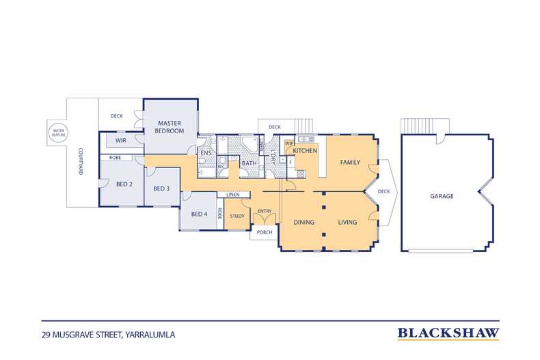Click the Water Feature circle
[x=59, y=133]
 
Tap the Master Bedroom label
[x=170, y=127]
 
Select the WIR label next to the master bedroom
[x=120, y=141]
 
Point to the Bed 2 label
[x=124, y=184]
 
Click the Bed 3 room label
[x=161, y=189]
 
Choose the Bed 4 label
[x=199, y=214]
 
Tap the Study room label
[x=237, y=216]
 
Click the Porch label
[x=265, y=232]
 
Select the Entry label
[x=265, y=211]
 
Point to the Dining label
[x=303, y=222]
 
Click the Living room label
[x=347, y=222]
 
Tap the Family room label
[x=350, y=162]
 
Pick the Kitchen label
[x=305, y=151]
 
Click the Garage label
[x=442, y=196]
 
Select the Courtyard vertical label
[x=80, y=161]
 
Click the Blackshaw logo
[x=448, y=333]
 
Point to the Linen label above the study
[x=233, y=195]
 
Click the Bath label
[x=249, y=163]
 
